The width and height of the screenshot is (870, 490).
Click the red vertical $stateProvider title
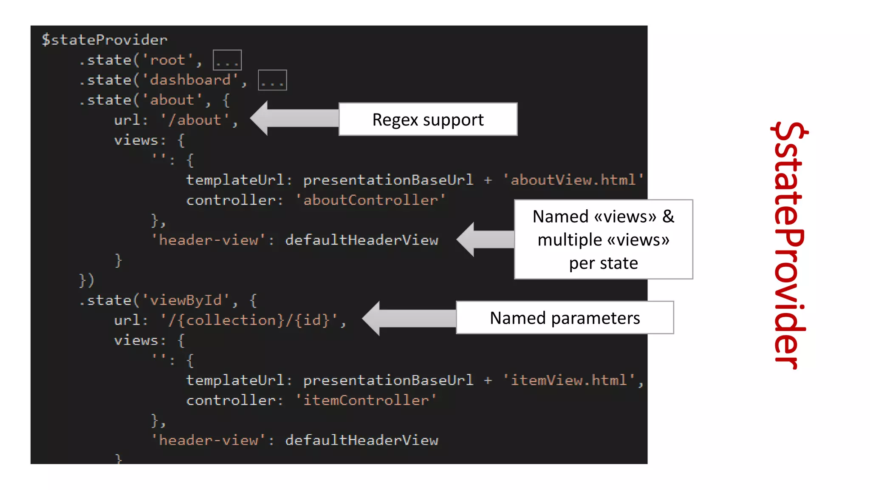[x=789, y=245]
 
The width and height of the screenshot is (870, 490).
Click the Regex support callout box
[x=428, y=120]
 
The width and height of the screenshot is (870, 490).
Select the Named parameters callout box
[x=565, y=318]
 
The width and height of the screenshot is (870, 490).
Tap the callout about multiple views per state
[x=603, y=239]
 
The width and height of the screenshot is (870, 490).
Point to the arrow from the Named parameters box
[x=409, y=319]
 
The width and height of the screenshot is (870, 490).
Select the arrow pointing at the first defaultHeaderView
[x=485, y=239]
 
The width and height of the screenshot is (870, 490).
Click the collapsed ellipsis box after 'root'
[x=227, y=60]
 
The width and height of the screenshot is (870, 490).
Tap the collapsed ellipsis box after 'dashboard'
[x=272, y=80]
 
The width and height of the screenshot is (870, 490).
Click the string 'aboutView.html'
[x=573, y=180]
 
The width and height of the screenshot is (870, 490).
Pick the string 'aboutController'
[x=370, y=200]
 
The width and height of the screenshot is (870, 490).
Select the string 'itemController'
[x=366, y=400]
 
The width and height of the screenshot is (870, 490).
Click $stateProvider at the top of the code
[x=105, y=40]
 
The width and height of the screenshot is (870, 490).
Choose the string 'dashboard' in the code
[x=190, y=80]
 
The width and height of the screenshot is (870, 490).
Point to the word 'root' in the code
[x=167, y=60]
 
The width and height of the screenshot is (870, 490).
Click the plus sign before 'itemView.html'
[x=488, y=380]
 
